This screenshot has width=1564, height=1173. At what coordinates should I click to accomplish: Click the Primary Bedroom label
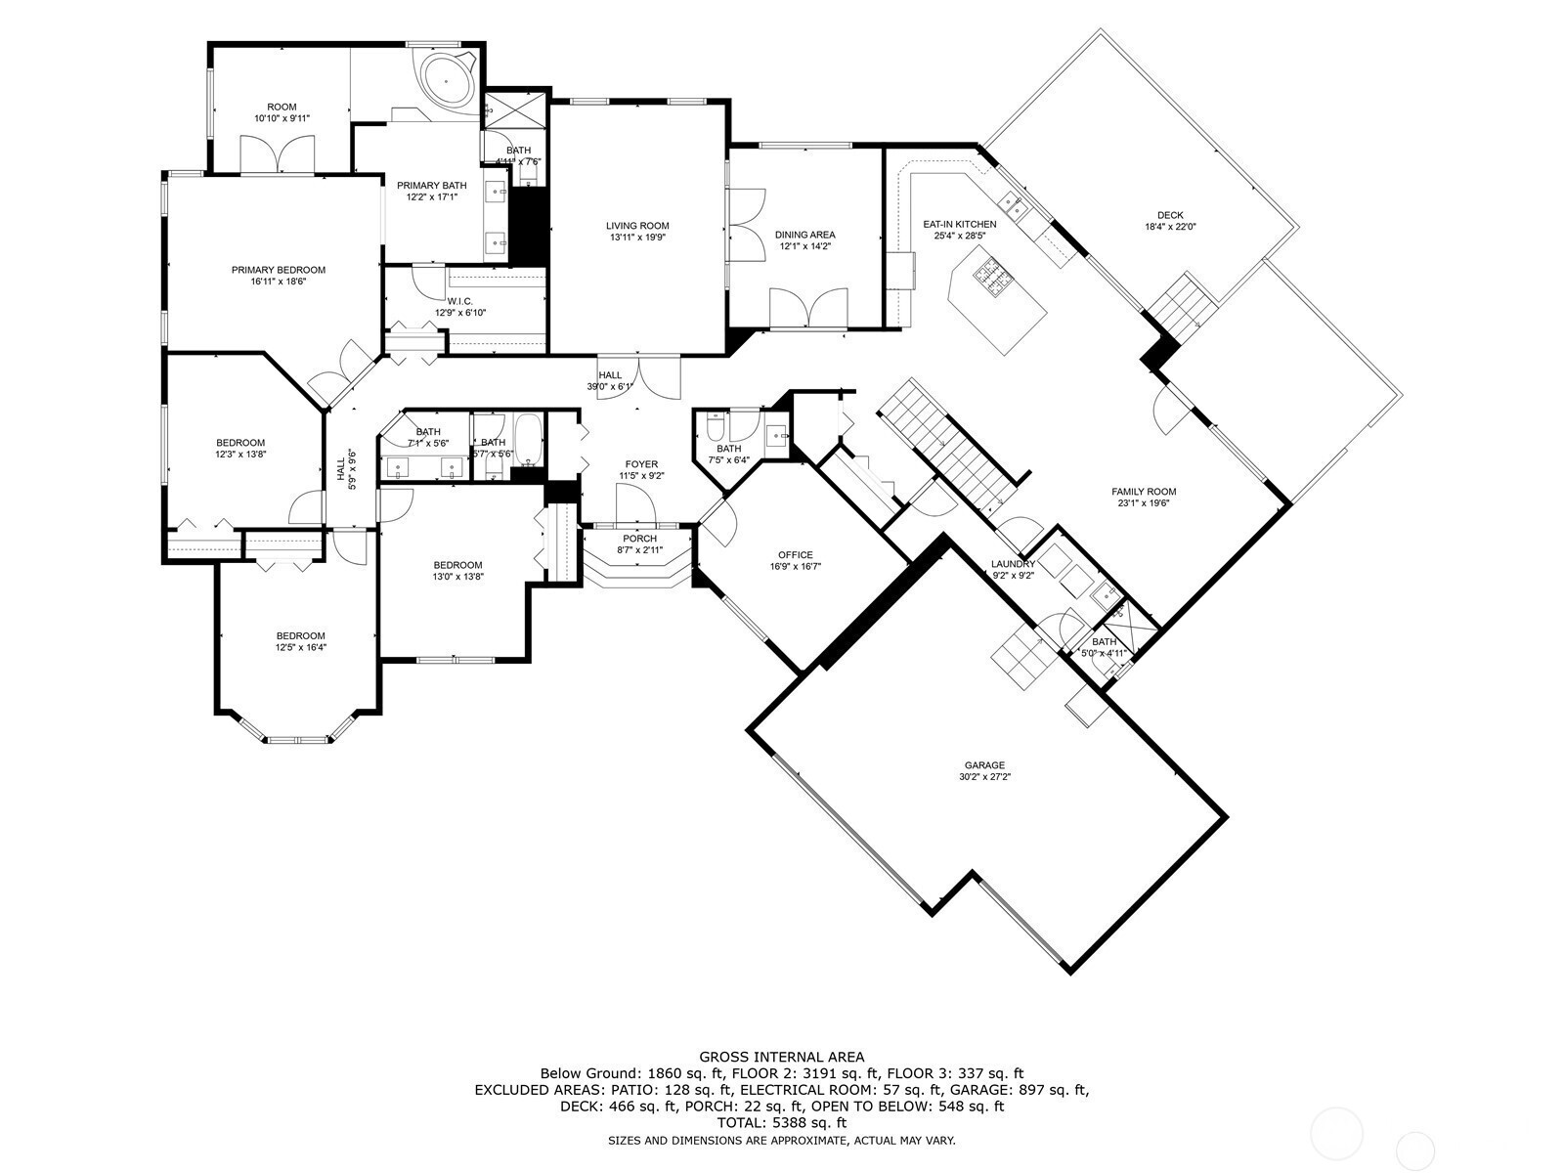278,270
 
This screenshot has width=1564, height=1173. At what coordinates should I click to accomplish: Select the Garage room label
984,765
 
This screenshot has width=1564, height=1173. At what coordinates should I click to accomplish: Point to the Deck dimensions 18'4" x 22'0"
1170,227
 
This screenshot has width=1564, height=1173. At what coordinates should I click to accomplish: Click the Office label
795,555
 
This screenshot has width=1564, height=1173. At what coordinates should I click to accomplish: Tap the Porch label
640,539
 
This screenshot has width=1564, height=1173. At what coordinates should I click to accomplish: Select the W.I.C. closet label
459,301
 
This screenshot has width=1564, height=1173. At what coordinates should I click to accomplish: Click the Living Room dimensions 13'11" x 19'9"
637,238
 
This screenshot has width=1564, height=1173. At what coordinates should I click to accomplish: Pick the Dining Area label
804,235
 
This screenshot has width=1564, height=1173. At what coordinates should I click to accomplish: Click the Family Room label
1143,492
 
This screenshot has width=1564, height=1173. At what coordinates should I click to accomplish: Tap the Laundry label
1013,564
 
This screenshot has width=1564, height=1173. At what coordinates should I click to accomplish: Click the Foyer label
641,464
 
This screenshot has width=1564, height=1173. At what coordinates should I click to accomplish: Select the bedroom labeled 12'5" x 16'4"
300,635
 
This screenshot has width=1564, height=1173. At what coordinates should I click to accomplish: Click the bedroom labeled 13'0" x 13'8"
457,565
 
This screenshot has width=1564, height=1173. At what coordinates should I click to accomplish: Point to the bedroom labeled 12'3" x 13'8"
240,443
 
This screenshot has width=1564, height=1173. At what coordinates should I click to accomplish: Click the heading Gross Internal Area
781,1057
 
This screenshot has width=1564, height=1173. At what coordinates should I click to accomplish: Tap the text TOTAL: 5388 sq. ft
781,1123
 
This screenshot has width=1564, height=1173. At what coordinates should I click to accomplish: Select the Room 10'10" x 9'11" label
282,107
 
